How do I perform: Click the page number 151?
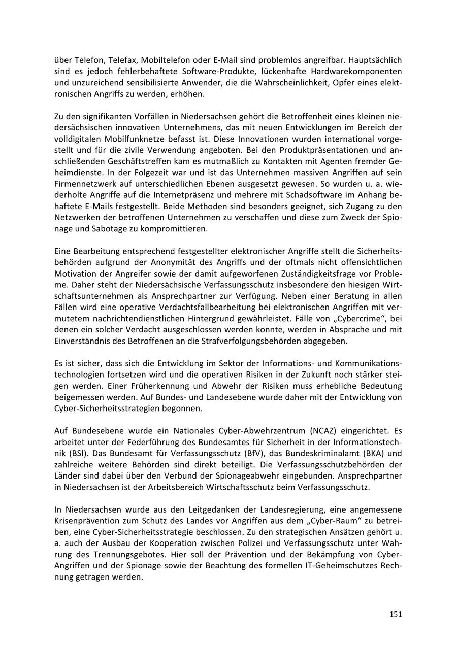tap(396, 614)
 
